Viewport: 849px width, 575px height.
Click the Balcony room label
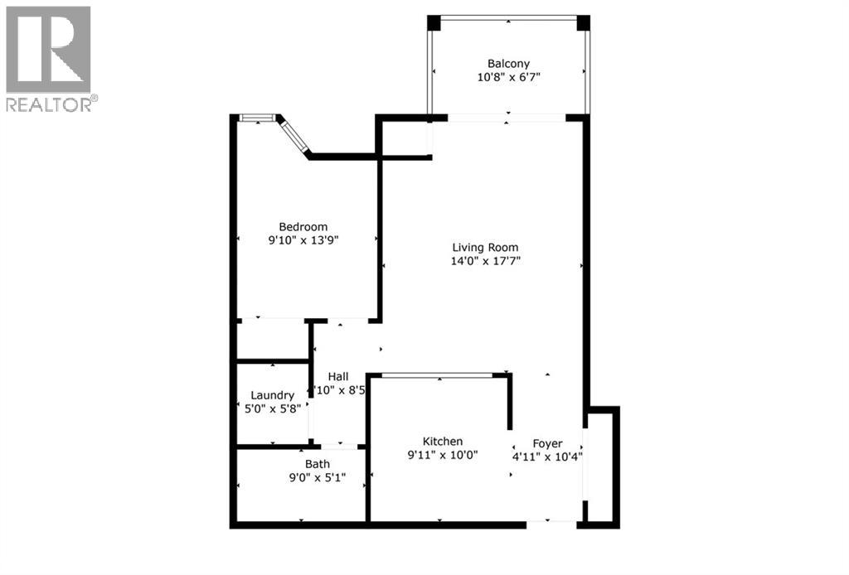(508, 63)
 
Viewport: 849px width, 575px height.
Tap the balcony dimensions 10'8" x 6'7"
(508, 77)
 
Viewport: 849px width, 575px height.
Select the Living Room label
(485, 247)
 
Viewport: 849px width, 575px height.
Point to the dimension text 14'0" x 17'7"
(485, 261)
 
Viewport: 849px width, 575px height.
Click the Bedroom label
(303, 227)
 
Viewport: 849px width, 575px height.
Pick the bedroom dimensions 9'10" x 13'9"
(303, 241)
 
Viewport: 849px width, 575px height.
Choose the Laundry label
(272, 396)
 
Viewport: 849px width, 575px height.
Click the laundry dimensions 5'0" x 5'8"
(272, 409)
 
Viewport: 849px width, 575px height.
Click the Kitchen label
(443, 442)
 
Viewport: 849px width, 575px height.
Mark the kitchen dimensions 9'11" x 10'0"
(443, 455)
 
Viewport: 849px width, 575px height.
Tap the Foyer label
(547, 442)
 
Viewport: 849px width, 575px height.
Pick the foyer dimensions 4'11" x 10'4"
(547, 456)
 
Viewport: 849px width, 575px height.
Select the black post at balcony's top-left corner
(434, 22)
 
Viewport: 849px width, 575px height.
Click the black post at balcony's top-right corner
(583, 22)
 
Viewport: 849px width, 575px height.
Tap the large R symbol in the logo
(48, 49)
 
